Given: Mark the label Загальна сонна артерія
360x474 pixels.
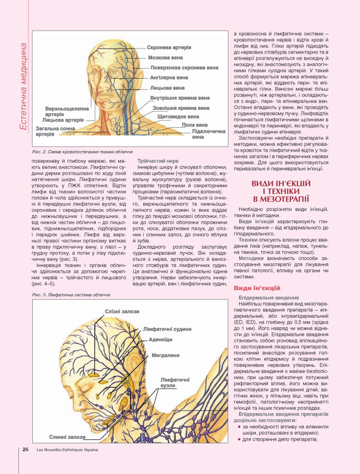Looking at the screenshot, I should (56, 132).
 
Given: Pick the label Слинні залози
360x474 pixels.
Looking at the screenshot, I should (67, 437).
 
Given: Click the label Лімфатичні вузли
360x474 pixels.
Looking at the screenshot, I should (170, 382).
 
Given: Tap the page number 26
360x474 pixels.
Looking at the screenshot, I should (26, 450).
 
